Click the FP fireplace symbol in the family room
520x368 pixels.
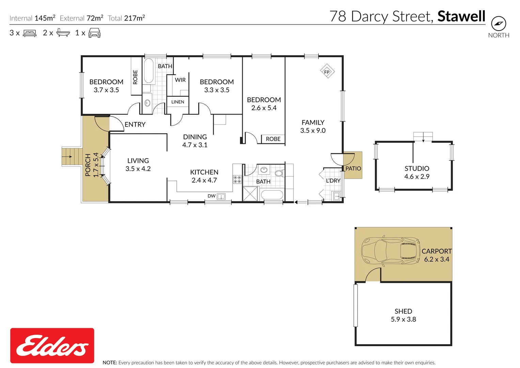[x=327, y=72]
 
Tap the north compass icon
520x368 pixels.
[x=499, y=24]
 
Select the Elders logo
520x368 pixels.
[x=52, y=346]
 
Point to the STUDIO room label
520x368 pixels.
[x=417, y=168]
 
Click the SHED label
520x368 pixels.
[x=403, y=311]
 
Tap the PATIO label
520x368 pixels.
[x=353, y=168]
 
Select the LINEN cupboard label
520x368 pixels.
[x=178, y=102]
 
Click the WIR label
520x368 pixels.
[x=180, y=80]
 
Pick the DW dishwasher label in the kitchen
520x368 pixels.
[x=211, y=196]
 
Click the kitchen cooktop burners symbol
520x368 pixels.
[x=237, y=179]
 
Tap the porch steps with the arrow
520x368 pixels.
[x=72, y=156]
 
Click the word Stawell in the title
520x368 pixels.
[x=461, y=16]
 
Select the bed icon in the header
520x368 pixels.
[x=30, y=33]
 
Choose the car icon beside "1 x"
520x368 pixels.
[x=94, y=33]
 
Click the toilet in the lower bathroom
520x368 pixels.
[x=279, y=173]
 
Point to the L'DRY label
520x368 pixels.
[x=333, y=181]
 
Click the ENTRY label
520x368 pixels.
[x=135, y=124]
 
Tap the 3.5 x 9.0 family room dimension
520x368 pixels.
[x=313, y=131]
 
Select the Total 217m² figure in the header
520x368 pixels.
[x=126, y=18]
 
